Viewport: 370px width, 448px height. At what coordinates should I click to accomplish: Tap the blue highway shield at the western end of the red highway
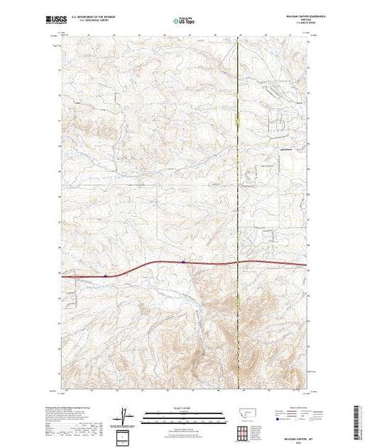tap(104, 275)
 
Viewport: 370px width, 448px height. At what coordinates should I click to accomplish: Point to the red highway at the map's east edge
tap(304, 266)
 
